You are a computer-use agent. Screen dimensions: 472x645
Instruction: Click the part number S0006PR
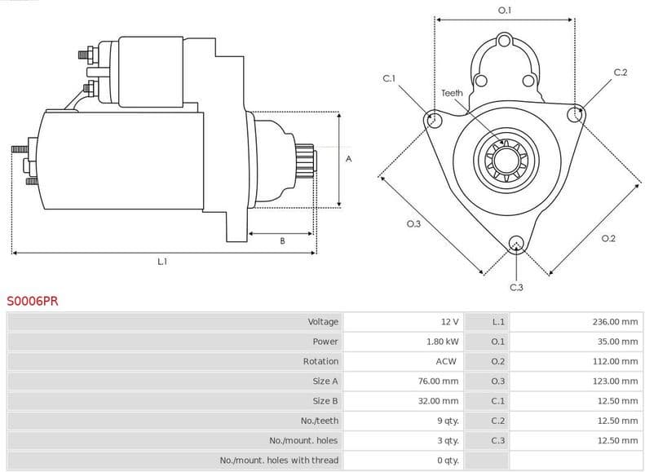[x=33, y=300]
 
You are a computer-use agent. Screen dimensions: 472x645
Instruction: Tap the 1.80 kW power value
[x=442, y=342]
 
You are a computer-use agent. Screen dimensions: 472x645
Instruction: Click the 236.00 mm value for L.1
[x=615, y=322]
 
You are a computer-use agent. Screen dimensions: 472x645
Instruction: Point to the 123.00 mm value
[x=615, y=382]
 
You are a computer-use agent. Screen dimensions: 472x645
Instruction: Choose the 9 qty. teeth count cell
[x=448, y=421]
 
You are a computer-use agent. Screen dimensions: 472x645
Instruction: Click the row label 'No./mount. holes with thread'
[x=279, y=461]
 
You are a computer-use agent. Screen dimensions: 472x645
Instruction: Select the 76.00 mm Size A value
[x=439, y=382]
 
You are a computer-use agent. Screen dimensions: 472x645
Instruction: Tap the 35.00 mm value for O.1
[x=617, y=342]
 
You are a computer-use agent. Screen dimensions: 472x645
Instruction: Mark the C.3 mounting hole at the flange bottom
[x=515, y=243]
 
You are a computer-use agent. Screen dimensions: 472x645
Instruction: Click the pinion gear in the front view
[x=503, y=160]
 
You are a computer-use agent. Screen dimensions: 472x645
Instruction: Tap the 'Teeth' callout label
[x=452, y=93]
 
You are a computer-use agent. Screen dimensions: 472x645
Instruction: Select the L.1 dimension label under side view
[x=162, y=262]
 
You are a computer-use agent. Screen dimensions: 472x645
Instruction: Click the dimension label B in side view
[x=282, y=240]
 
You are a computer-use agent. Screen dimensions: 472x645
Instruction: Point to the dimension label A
[x=348, y=159]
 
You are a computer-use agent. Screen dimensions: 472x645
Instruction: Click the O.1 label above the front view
[x=505, y=11]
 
